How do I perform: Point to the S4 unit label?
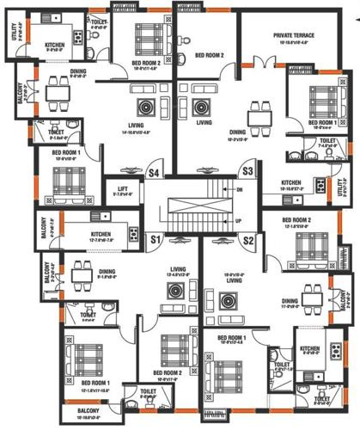coord(156,172)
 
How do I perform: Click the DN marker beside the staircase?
coord(240,188)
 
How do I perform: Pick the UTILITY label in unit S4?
coord(14,35)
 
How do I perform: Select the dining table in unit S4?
coord(58,89)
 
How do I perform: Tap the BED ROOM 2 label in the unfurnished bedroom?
coord(209,55)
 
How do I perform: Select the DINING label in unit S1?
coord(107,272)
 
